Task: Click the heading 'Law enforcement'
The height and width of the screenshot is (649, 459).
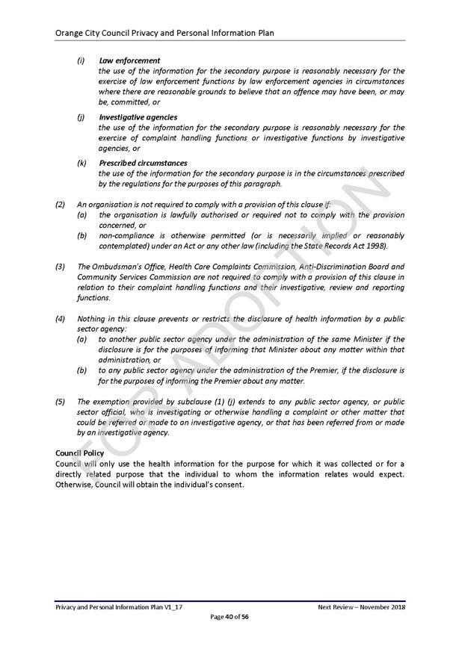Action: (129, 60)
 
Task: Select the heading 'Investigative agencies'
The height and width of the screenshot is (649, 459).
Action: (138, 117)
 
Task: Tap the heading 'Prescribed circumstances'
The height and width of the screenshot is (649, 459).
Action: (143, 163)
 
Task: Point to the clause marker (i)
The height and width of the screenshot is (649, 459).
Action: (81, 60)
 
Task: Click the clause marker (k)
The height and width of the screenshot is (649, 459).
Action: (81, 163)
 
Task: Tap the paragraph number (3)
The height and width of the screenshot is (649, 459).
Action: (61, 267)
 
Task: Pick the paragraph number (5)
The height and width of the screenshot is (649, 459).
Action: (61, 401)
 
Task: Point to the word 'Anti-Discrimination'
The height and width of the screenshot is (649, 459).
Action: (322, 267)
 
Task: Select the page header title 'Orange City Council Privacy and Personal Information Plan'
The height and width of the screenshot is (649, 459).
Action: (164, 33)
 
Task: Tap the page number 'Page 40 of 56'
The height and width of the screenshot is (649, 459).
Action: (229, 617)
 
